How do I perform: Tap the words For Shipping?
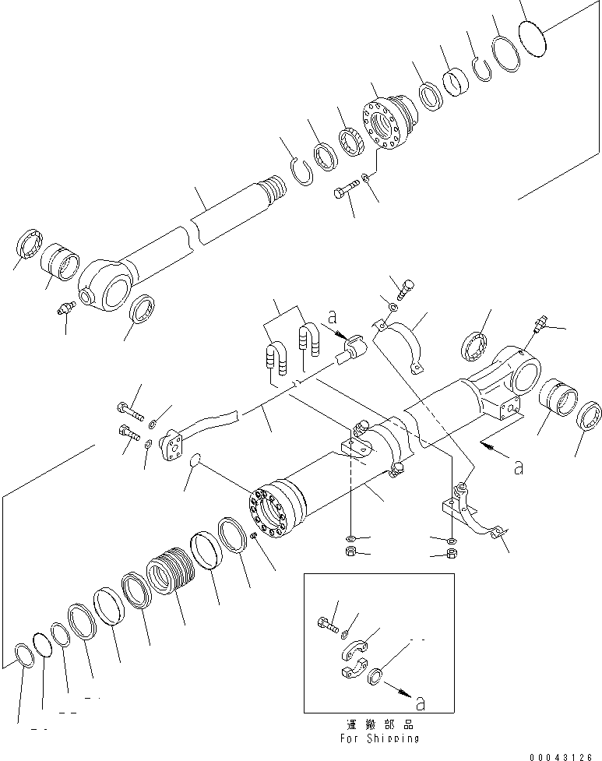(380, 738)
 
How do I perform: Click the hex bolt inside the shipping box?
(328, 624)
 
